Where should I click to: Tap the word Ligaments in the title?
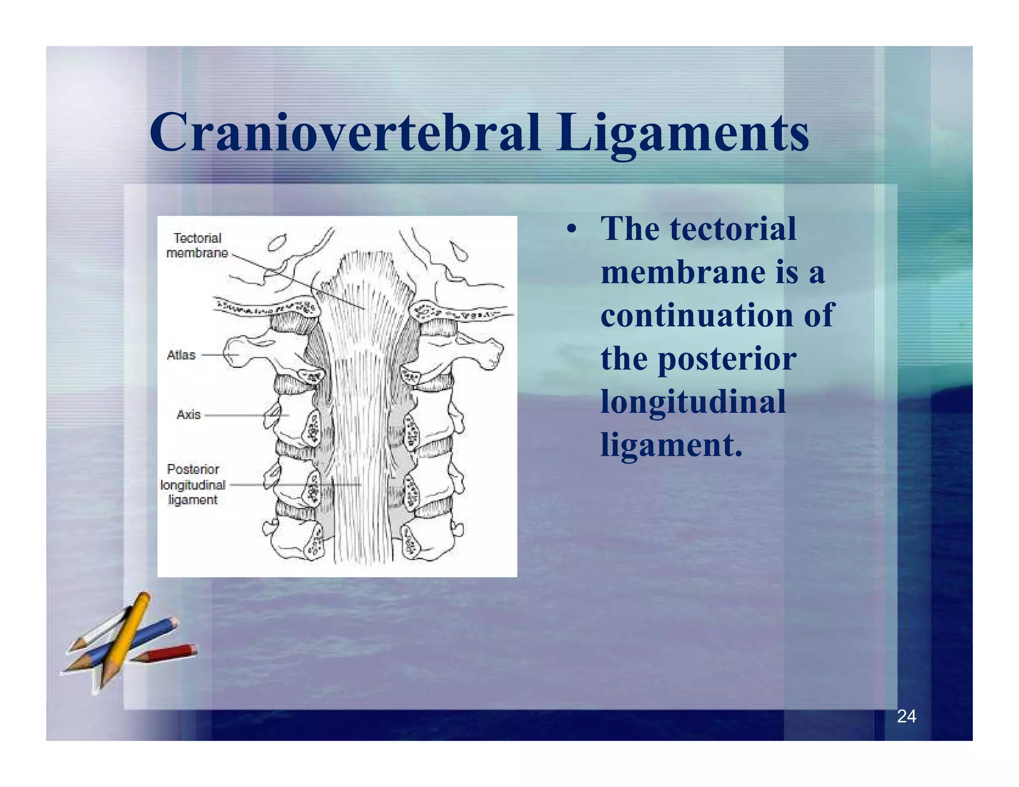[x=683, y=133]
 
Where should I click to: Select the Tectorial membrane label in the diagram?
[x=197, y=245]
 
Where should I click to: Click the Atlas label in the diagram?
[x=181, y=355]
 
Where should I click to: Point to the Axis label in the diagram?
[x=188, y=414]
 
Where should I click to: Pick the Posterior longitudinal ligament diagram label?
[x=193, y=484]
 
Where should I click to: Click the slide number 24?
[x=906, y=716]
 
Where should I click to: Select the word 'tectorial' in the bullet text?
[x=732, y=229]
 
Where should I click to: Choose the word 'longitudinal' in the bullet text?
[x=693, y=401]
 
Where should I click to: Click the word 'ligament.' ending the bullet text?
[x=671, y=444]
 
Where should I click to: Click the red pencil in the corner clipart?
[x=169, y=653]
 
